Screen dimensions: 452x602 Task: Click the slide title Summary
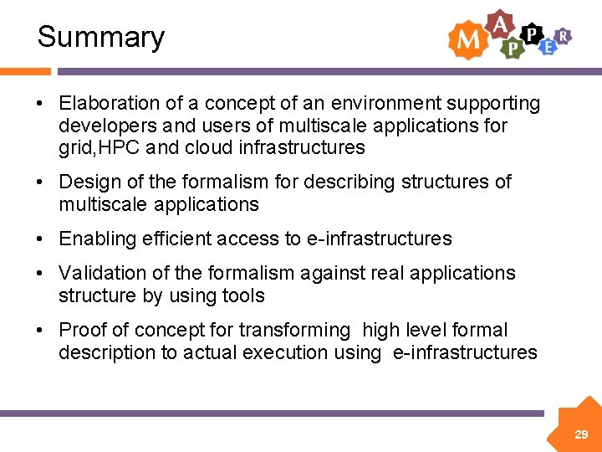click(101, 37)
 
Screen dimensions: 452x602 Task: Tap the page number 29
click(581, 434)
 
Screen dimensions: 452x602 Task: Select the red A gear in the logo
click(500, 25)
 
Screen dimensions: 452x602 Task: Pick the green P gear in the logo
click(512, 49)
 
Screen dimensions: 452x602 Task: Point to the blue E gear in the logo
click(548, 47)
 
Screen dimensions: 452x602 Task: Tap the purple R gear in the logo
click(564, 35)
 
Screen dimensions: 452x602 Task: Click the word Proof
click(82, 330)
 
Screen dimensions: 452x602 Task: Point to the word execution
click(285, 352)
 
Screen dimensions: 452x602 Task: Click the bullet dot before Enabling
click(40, 239)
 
